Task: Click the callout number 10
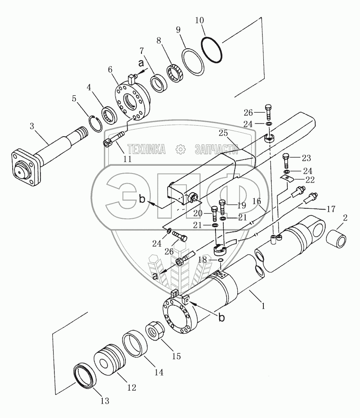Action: click(199, 20)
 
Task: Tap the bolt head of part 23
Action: click(286, 157)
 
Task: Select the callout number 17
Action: click(330, 209)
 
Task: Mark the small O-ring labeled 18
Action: click(221, 261)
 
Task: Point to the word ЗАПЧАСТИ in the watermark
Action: click(216, 150)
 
